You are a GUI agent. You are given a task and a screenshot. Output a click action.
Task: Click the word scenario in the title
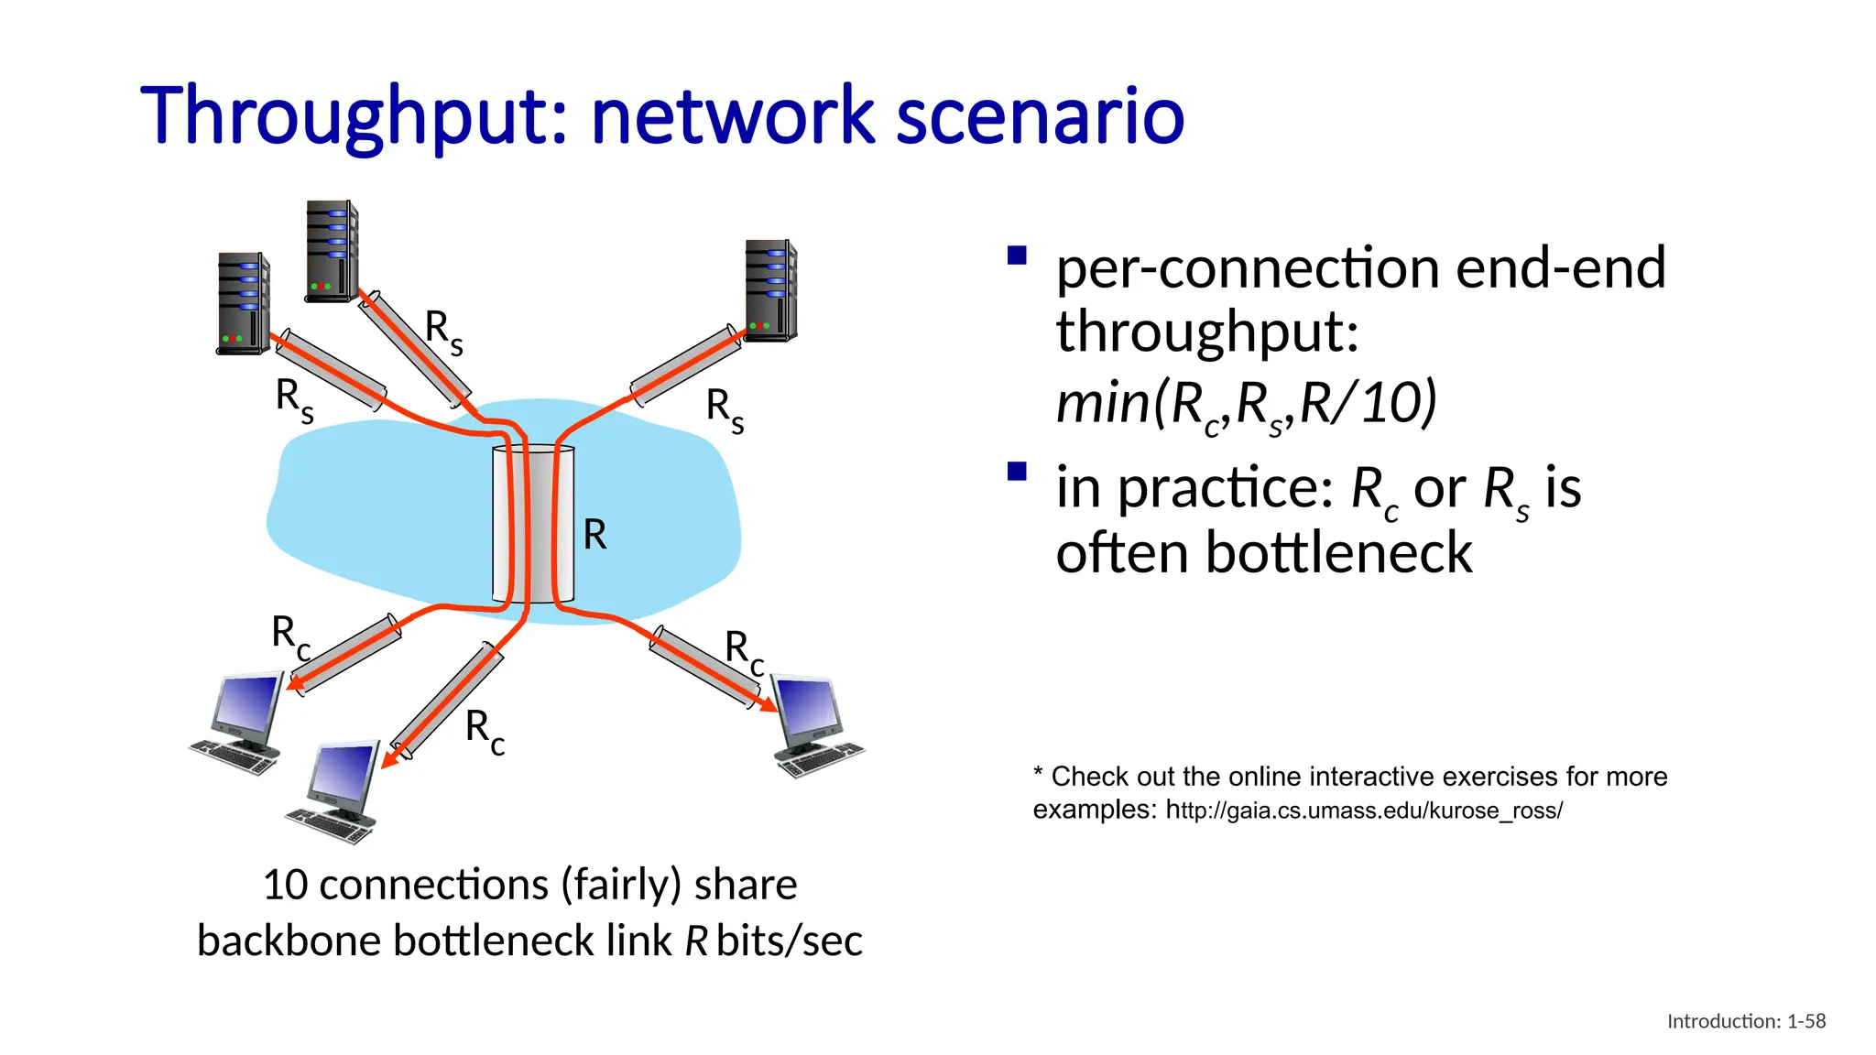click(1039, 117)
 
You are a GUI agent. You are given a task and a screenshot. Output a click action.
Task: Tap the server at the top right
click(770, 290)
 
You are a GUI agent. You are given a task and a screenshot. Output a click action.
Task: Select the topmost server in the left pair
click(332, 251)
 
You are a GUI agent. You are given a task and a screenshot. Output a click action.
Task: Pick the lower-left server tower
click(243, 303)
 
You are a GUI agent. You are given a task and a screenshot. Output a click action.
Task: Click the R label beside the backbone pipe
click(594, 534)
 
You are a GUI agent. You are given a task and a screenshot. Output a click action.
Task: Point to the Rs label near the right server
click(725, 409)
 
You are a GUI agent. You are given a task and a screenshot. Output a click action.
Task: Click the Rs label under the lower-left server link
click(294, 400)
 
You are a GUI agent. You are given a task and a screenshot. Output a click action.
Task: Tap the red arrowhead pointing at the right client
click(768, 705)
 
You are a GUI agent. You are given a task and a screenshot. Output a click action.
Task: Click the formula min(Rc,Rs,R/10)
click(1246, 404)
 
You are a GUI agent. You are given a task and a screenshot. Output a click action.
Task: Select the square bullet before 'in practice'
click(1016, 472)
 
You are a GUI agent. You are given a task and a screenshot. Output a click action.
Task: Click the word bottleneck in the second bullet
click(1338, 553)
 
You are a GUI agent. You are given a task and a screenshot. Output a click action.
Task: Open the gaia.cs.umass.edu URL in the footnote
click(1364, 810)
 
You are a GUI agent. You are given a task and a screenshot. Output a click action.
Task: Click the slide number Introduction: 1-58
click(1745, 1021)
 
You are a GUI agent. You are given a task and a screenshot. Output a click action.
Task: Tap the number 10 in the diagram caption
click(284, 885)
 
